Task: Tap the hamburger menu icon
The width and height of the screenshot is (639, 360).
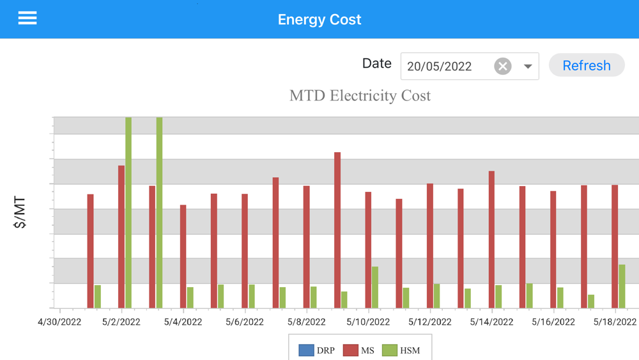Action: pos(27,19)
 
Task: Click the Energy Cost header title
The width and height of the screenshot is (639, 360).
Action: pos(319,19)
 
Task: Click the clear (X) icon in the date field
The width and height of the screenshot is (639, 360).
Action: pos(503,66)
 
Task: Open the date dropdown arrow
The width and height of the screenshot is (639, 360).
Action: pos(528,67)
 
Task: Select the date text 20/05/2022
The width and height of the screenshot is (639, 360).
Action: pos(440,67)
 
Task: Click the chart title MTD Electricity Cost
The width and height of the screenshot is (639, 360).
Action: pos(360,96)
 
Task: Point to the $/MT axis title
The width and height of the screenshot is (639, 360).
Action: pos(20,213)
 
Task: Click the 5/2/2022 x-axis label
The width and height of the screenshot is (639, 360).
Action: pos(121,322)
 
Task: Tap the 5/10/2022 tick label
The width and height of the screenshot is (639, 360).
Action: pos(368,322)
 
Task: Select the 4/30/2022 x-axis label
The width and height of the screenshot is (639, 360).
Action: pos(59,322)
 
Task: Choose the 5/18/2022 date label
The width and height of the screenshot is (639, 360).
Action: pos(615,322)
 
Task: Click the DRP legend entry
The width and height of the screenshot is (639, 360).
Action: pos(317,350)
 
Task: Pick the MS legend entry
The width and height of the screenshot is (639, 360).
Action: pos(359,350)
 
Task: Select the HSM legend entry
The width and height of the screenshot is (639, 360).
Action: pos(401,350)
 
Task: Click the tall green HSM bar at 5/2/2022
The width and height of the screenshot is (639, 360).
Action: pos(128,211)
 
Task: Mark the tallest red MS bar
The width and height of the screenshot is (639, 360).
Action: pos(337,230)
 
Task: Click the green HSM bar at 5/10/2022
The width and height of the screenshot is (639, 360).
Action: pos(375,288)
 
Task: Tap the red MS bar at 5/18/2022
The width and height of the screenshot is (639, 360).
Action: pos(615,246)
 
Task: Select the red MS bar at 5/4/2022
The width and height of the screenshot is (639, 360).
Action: pos(183,256)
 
